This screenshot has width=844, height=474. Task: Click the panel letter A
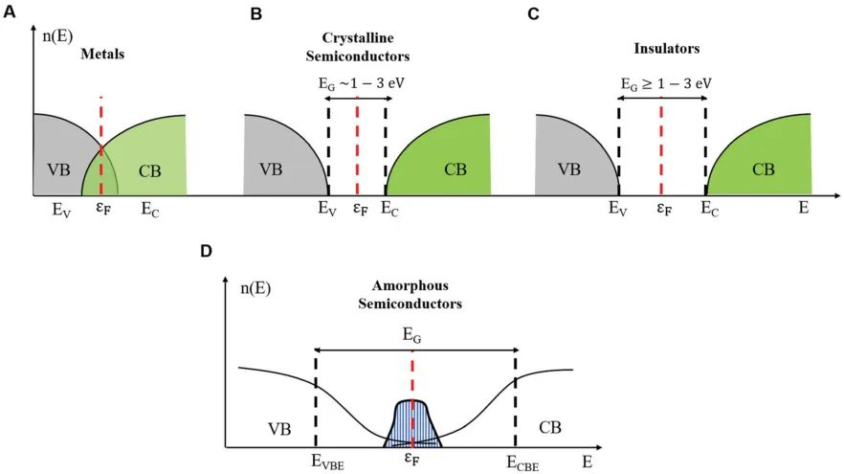(10, 11)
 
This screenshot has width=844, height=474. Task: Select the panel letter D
(206, 251)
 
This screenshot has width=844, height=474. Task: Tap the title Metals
(102, 54)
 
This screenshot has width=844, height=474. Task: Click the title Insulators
(666, 48)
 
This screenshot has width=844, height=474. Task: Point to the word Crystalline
(358, 37)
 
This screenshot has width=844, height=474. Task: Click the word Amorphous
(411, 285)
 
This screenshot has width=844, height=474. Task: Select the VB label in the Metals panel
(58, 169)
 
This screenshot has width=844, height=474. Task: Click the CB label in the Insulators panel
(764, 169)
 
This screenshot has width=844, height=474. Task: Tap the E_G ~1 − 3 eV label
(361, 84)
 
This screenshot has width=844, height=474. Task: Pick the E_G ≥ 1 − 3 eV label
(666, 84)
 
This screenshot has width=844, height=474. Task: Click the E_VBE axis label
(327, 463)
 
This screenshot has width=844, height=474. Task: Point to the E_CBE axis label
(522, 463)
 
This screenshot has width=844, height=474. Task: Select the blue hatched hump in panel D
(412, 424)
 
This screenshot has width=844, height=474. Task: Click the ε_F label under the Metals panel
(103, 208)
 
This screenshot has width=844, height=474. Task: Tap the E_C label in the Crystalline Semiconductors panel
(389, 209)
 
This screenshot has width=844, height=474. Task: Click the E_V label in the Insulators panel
(618, 209)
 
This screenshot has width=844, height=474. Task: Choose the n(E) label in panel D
(255, 288)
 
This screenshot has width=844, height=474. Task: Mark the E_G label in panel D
(411, 335)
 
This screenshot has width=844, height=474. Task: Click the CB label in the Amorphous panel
(550, 428)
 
